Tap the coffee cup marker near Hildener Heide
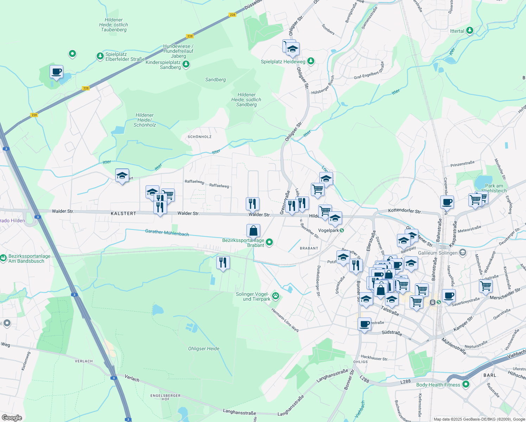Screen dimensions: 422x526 pos(56,72)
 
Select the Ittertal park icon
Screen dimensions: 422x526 pos(469,31)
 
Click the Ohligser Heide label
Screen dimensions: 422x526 pos(204,349)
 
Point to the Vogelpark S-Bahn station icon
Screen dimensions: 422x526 pos(342,230)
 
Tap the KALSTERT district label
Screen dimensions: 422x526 pos(123,213)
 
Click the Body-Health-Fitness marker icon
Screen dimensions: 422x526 pos(466,384)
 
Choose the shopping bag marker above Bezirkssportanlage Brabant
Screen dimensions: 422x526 pos(253,231)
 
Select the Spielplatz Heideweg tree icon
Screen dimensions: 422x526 pos(311,61)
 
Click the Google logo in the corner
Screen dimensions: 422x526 pos(12,417)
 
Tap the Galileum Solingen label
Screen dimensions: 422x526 pos(438,253)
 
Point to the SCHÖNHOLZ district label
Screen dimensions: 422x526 pos(199,136)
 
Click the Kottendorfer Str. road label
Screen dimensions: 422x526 pos(405,211)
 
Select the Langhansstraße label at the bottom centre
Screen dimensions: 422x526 pos(239,412)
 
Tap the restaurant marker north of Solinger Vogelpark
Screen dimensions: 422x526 pos(223,263)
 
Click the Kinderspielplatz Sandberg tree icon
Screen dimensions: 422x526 pos(186,64)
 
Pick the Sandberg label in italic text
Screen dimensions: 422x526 pos(216,79)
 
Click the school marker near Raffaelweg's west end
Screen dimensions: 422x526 pos(122,176)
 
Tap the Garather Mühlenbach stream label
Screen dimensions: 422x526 pos(167,232)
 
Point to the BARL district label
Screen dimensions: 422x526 pos(490,375)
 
